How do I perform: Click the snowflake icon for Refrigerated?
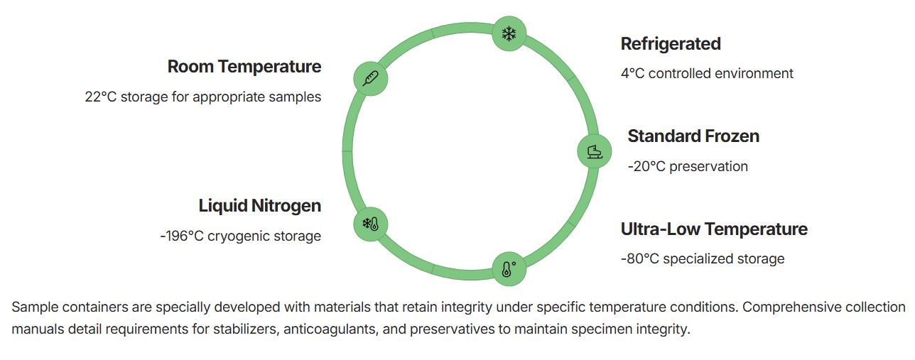click(x=509, y=33)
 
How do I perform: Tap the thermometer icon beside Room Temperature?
click(x=371, y=78)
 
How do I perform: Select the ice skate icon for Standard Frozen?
click(x=595, y=151)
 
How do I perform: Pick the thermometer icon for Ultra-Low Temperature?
click(x=509, y=269)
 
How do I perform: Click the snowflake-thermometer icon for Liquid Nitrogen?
click(x=371, y=224)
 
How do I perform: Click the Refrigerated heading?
click(x=671, y=44)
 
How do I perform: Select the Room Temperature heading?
click(x=244, y=67)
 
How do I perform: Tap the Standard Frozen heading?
click(x=693, y=136)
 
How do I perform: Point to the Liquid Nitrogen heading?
click(x=260, y=206)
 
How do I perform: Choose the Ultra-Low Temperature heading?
click(x=714, y=229)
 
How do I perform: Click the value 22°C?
click(x=101, y=97)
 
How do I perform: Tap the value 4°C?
click(x=632, y=73)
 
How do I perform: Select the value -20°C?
click(x=646, y=167)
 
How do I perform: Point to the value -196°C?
click(x=182, y=236)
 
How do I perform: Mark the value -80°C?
click(x=639, y=258)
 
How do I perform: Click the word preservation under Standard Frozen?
click(x=709, y=167)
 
